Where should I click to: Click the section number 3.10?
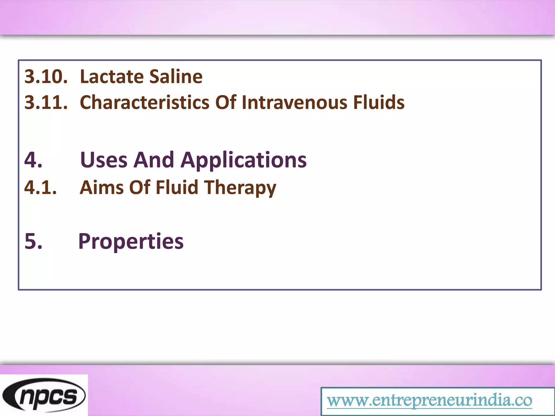point(46,77)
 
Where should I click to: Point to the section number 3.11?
point(46,102)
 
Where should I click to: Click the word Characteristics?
point(145,102)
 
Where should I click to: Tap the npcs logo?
point(44,395)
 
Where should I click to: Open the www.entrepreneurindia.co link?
point(430,400)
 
